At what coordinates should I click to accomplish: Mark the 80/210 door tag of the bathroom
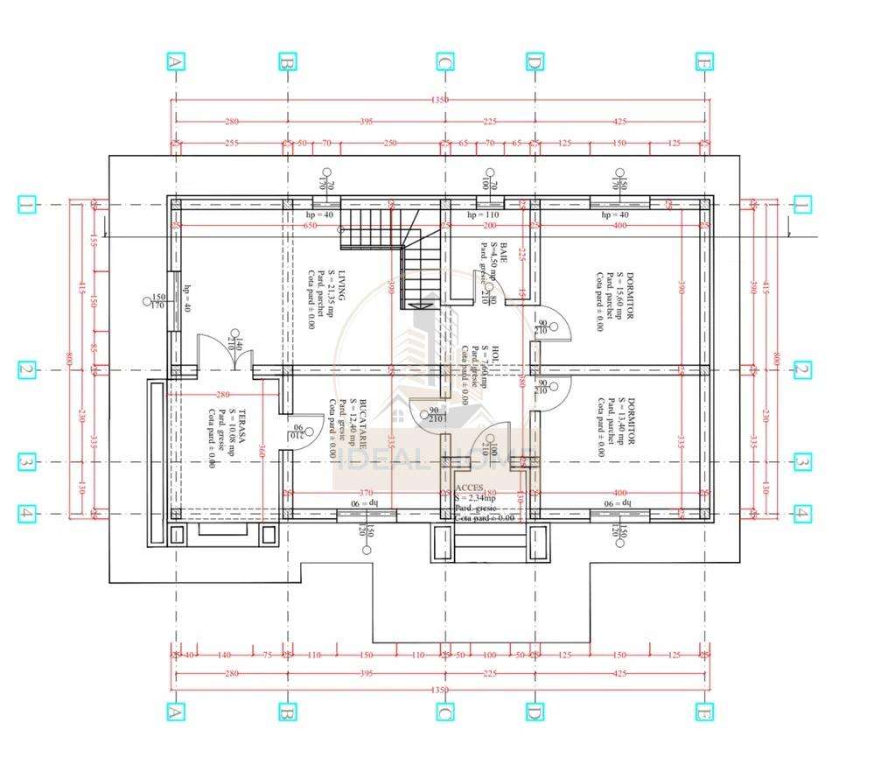pyautogui.click(x=493, y=300)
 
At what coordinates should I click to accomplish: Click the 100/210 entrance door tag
pyautogui.click(x=493, y=452)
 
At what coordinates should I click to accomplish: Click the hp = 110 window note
pyautogui.click(x=482, y=214)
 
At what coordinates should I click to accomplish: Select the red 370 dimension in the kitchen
pyautogui.click(x=365, y=493)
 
